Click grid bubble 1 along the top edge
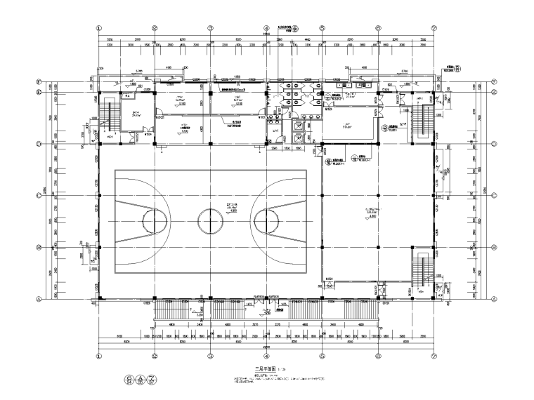pyautogui.click(x=98, y=29)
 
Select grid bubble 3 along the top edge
pyautogui.click(x=210, y=29)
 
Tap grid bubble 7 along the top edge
pyautogui.click(x=434, y=29)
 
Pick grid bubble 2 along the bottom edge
pyautogui.click(x=154, y=356)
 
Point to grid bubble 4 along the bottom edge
pyautogui.click(x=266, y=356)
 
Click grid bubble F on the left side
pyautogui.click(x=41, y=81)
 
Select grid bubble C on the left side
pyautogui.click(x=41, y=196)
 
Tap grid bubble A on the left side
pyautogui.click(x=41, y=298)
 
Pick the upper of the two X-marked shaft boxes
pyautogui.click(x=297, y=125)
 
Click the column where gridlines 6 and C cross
pyautogui.click(x=378, y=196)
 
